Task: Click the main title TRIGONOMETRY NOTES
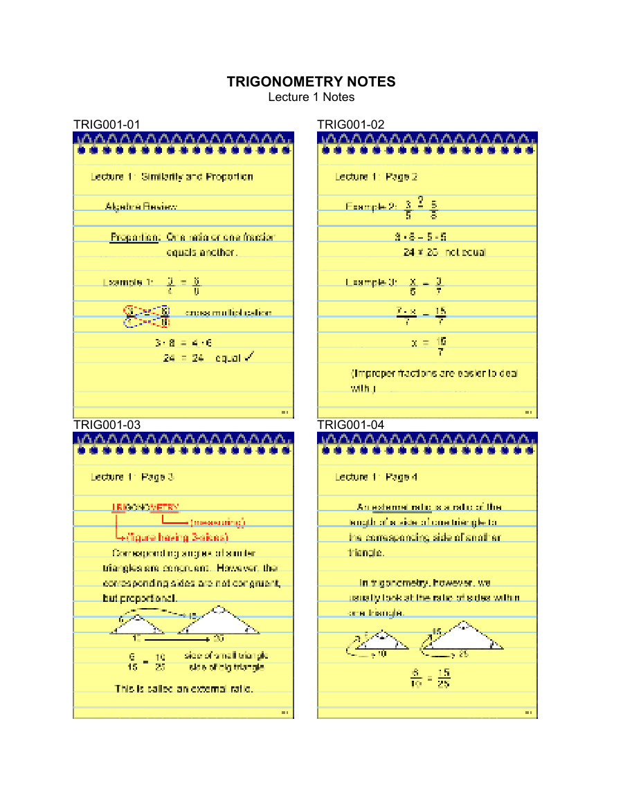pos(311,82)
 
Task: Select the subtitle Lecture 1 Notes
pos(311,97)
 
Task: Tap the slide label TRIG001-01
pos(107,125)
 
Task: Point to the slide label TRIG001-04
pos(350,424)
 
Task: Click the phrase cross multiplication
pos(228,313)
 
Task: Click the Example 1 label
pos(127,282)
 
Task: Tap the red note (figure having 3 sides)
pos(177,537)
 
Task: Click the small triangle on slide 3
pos(137,625)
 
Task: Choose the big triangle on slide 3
pos(219,622)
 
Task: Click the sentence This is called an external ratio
pos(183,689)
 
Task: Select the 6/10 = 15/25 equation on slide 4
pos(429,678)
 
